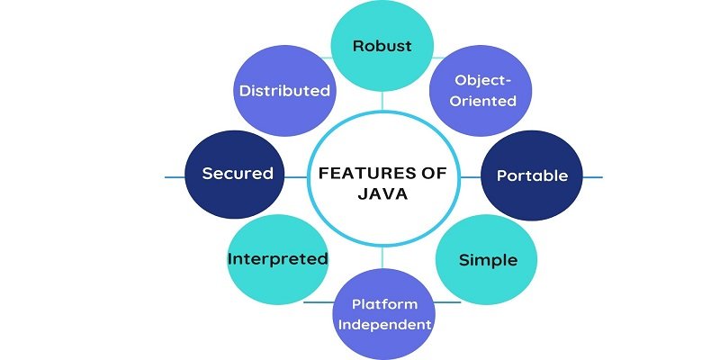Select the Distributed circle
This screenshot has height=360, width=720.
(x=283, y=91)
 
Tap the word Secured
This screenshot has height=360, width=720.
(x=237, y=175)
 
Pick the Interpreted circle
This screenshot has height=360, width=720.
(x=277, y=259)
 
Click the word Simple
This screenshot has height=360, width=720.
(x=488, y=260)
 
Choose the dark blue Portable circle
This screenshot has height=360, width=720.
(x=532, y=175)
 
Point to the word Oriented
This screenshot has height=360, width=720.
(x=484, y=101)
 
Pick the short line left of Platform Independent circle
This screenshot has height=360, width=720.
(x=319, y=302)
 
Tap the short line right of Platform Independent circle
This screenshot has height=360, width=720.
(x=447, y=302)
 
